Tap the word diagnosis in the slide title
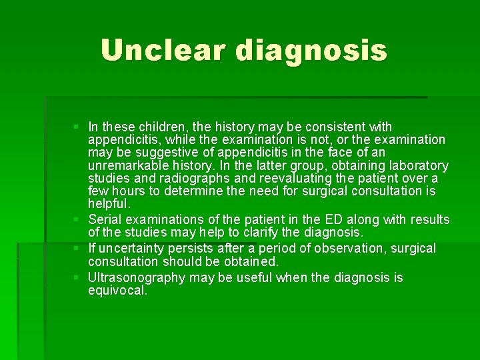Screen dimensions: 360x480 pos(311,51)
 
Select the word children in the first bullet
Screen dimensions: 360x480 pos(151,127)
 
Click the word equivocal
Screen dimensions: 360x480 pos(117,291)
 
